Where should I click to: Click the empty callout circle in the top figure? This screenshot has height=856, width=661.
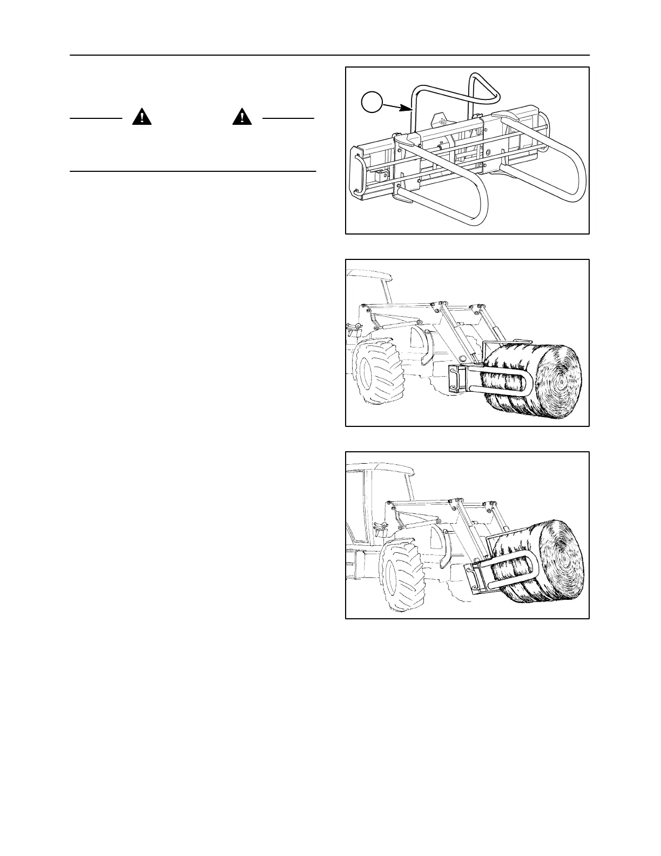[x=372, y=101]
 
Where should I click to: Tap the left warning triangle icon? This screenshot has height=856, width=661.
[x=141, y=117]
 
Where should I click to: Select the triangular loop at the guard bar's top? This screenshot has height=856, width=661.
[x=483, y=86]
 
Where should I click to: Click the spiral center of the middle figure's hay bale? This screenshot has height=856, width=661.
[x=563, y=382]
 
